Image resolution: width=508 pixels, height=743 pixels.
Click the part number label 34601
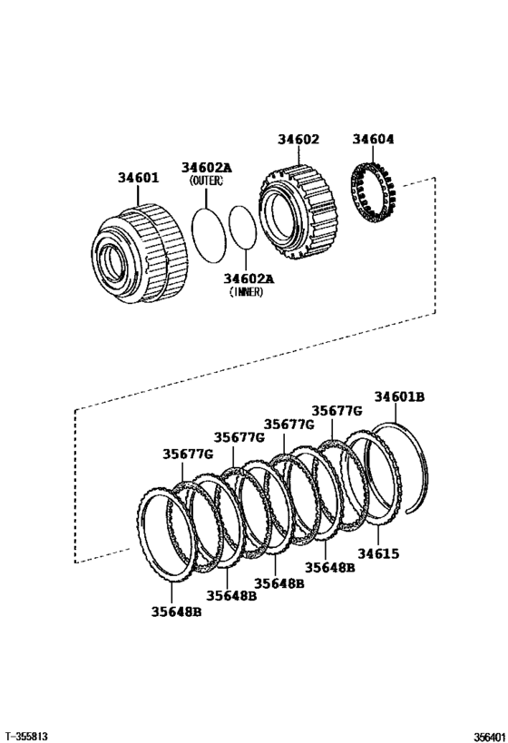click(x=138, y=178)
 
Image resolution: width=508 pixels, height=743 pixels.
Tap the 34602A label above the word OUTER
click(x=206, y=167)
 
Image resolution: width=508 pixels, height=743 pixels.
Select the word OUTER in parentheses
click(x=206, y=181)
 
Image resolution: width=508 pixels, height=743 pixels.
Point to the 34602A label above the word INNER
click(x=249, y=278)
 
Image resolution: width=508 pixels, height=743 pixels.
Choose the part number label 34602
click(x=298, y=140)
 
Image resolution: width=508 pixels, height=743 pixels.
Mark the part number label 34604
click(x=374, y=140)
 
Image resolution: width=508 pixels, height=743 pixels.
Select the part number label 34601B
click(x=400, y=397)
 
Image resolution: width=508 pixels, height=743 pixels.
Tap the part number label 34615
click(x=377, y=552)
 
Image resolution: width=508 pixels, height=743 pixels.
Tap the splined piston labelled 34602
click(x=298, y=206)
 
